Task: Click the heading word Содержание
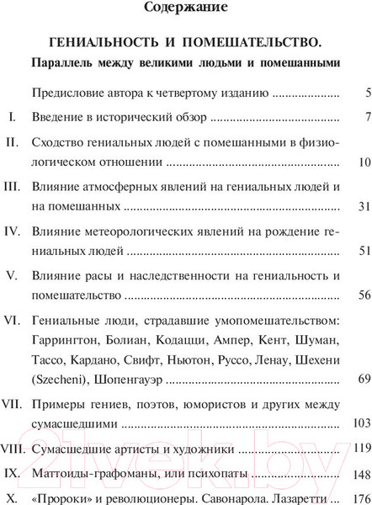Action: (185, 11)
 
